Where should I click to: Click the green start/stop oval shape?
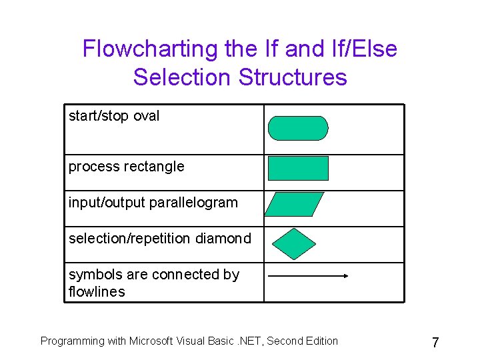tap(298, 128)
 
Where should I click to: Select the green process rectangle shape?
tap(298, 168)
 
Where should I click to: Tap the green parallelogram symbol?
tap(294, 204)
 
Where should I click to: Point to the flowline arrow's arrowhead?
tap(345, 275)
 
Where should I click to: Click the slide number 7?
tap(435, 343)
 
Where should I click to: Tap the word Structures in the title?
tap(293, 77)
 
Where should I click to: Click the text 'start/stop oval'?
tap(114, 116)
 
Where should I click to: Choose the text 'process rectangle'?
tap(126, 167)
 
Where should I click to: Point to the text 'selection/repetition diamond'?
tap(160, 239)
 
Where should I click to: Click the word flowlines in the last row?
tap(97, 292)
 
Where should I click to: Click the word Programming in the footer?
tap(73, 341)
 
